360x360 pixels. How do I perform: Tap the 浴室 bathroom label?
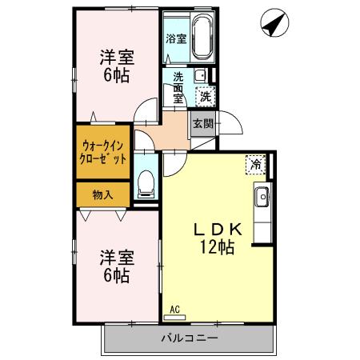175,38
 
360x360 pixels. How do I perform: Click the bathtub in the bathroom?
199,38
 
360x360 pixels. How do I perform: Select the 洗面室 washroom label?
178,87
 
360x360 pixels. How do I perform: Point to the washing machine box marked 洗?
206,96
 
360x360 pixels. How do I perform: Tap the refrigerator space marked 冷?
255,166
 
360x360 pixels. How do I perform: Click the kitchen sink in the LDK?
262,196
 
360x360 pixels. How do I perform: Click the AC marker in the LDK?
174,308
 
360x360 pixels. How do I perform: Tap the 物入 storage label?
102,194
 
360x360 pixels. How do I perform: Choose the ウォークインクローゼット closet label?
103,152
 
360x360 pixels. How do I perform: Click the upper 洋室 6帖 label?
116,66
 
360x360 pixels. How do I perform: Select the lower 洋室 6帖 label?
116,266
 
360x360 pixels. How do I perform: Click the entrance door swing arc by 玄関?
230,126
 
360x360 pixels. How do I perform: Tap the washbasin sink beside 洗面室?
200,76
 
